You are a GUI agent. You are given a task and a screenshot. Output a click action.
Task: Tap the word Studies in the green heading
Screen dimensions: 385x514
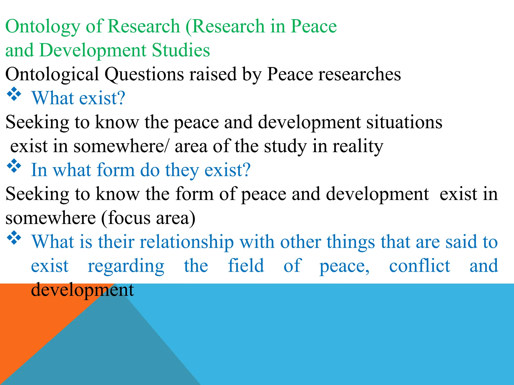(x=181, y=50)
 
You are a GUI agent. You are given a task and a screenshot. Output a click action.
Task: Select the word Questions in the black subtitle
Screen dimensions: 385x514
(x=144, y=74)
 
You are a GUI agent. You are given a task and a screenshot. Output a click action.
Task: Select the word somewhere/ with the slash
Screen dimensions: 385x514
(x=121, y=146)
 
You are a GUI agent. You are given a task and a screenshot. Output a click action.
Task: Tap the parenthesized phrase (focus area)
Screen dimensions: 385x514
(x=148, y=218)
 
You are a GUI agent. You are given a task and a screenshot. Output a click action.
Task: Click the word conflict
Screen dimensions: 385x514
(x=419, y=266)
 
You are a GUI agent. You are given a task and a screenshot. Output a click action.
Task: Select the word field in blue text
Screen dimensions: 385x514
(x=246, y=266)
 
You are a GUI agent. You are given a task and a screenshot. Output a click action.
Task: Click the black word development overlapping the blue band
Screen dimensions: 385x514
(x=82, y=290)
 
